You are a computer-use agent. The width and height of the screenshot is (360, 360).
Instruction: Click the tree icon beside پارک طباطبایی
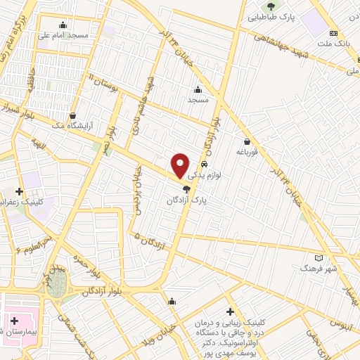click(x=271, y=7)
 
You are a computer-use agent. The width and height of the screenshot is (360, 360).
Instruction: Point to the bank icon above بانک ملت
click(x=334, y=33)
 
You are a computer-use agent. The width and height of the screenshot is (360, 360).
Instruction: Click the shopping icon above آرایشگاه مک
click(x=73, y=116)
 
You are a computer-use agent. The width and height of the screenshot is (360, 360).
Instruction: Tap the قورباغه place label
click(x=249, y=152)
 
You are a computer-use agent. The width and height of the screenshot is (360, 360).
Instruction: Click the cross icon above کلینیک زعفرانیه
click(x=20, y=191)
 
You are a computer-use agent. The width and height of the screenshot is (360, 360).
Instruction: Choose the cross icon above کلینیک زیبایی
click(x=230, y=311)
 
